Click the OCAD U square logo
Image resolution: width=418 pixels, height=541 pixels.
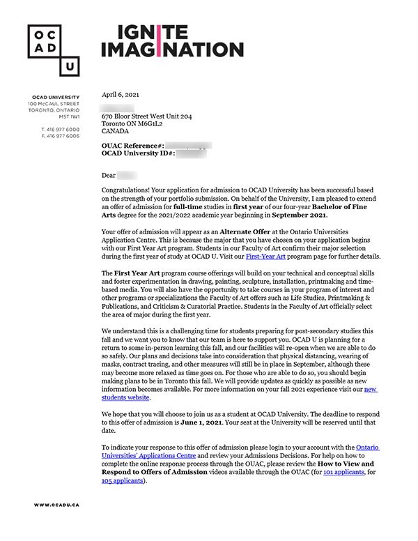(53, 49)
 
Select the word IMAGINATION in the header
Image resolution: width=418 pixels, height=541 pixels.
(172, 49)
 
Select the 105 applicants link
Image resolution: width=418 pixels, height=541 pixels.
(123, 480)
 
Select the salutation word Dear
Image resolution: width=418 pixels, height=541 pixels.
(108, 175)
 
